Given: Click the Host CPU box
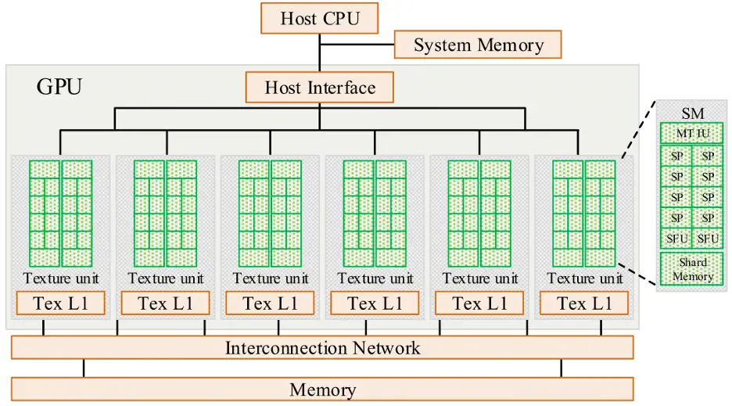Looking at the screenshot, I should click(x=319, y=17).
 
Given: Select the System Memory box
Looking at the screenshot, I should click(x=478, y=45).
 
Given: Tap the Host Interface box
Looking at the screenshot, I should click(x=320, y=87).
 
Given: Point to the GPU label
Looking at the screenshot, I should click(x=59, y=86).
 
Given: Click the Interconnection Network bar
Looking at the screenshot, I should click(x=322, y=348).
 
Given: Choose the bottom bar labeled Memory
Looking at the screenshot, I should click(x=322, y=389).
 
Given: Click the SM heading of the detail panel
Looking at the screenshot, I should click(x=692, y=113).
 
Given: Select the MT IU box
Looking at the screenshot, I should click(x=692, y=134).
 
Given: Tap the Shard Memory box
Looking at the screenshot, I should click(x=692, y=269).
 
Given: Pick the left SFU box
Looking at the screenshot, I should click(x=676, y=238).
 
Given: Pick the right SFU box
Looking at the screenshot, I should click(x=708, y=238).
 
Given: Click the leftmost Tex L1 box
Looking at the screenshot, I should click(x=60, y=304).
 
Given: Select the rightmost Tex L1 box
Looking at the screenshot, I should click(x=583, y=304).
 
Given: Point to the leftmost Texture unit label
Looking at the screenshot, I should click(x=60, y=278).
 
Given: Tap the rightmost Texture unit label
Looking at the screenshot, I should click(x=584, y=278).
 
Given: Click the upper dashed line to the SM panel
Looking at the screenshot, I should click(x=637, y=130).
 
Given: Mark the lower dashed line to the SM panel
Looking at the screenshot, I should click(x=637, y=273).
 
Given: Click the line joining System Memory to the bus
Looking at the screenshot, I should click(x=357, y=45).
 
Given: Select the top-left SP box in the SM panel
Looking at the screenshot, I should click(x=676, y=156).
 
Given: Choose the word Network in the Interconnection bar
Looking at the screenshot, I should click(x=388, y=348).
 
